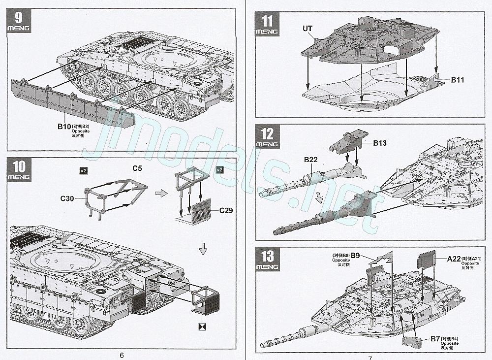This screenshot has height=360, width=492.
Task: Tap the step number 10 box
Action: coord(19,170)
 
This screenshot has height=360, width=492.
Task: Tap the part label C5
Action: coord(137,169)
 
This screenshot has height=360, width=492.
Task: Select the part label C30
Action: coord(67,199)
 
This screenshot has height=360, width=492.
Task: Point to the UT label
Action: coord(307,28)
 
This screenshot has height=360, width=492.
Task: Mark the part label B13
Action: coord(379,143)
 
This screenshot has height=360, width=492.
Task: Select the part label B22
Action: coord(311,160)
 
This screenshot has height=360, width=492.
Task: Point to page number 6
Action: coord(122,356)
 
